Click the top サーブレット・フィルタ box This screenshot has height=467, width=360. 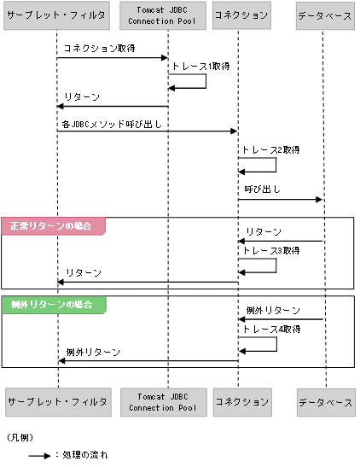point(56,16)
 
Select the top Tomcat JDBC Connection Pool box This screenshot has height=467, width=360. point(168,16)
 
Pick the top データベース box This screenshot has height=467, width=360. point(325,16)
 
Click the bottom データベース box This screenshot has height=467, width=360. point(325,400)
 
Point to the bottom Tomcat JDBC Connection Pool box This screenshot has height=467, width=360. point(168,400)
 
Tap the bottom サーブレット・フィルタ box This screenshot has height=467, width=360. point(56,400)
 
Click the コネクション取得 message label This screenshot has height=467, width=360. point(99,50)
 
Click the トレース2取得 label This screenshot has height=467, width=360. point(270,149)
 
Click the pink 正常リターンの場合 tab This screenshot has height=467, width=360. point(53,225)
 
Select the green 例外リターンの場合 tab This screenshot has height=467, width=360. point(53,305)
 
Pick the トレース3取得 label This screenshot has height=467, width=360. point(270,251)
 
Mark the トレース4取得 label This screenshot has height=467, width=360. point(270,329)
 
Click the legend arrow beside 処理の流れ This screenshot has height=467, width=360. point(38,456)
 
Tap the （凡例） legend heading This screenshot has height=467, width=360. point(19,436)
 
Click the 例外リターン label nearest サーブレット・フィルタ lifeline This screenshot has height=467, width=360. point(94,352)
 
